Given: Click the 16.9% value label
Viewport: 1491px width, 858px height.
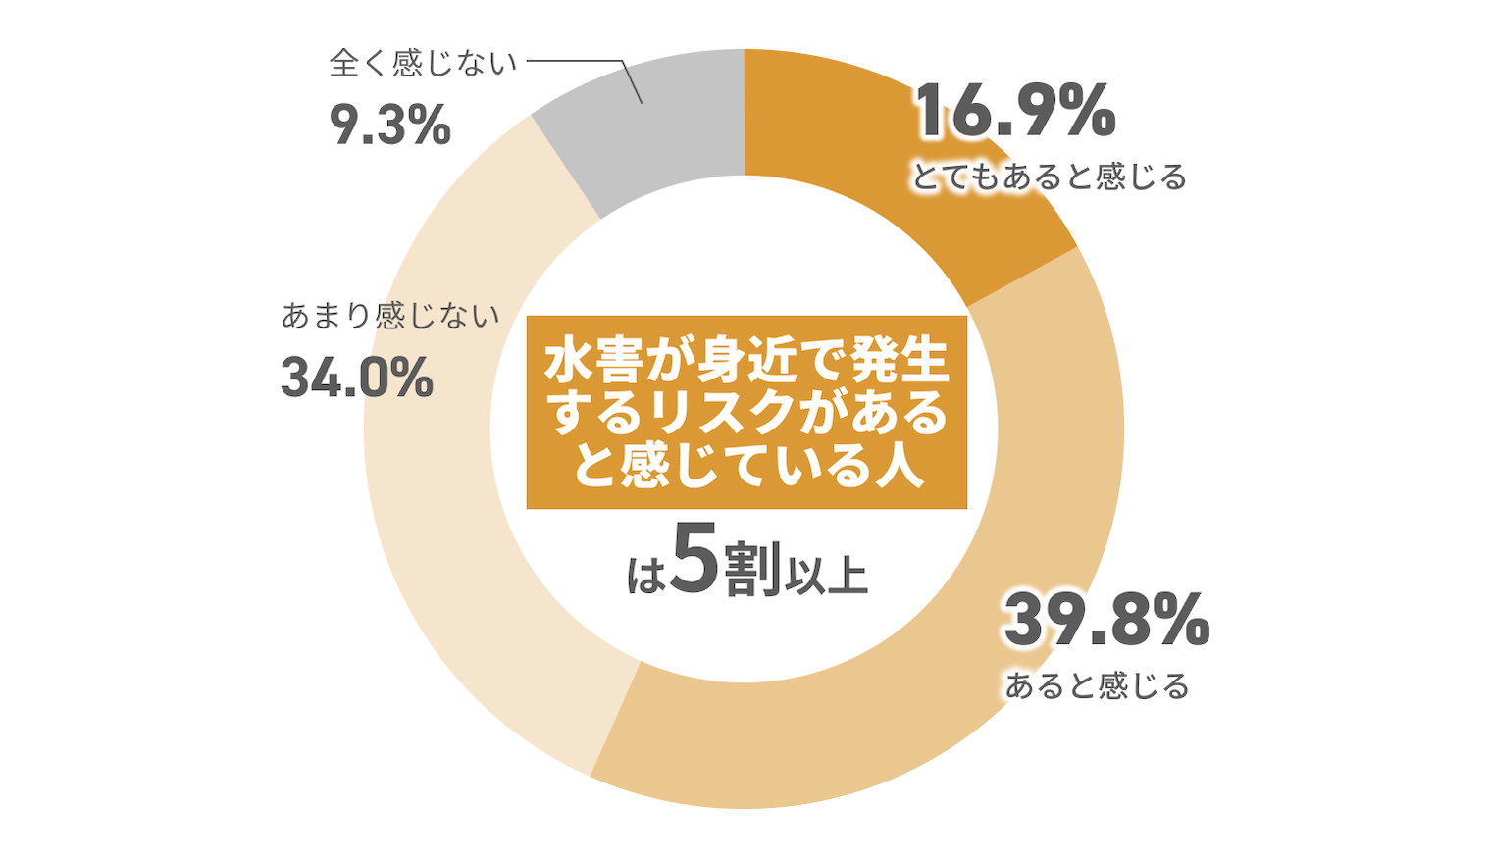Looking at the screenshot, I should (x=1015, y=111).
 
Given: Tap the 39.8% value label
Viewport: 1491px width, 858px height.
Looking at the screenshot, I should (x=1106, y=621).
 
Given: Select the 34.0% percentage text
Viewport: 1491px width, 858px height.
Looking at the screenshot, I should (x=357, y=378).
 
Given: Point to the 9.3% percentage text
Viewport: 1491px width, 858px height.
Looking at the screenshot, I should (x=389, y=126).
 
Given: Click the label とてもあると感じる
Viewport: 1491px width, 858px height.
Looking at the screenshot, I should (x=1050, y=177).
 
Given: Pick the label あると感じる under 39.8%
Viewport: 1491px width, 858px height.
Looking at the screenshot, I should (x=1097, y=685).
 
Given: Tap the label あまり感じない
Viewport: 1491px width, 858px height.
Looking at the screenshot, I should (x=390, y=316).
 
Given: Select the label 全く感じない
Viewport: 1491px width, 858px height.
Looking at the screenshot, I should (x=423, y=64).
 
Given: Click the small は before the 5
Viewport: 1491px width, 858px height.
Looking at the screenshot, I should (x=645, y=578).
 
